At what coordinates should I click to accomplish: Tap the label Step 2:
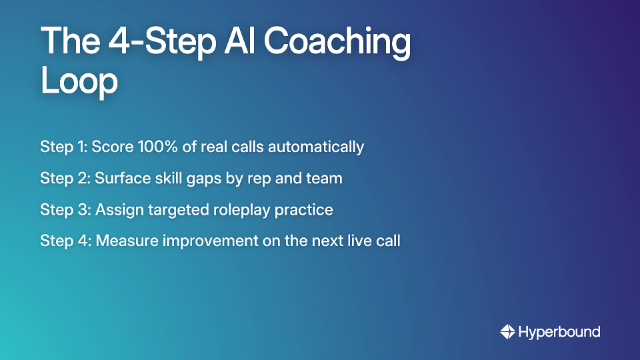coord(65,178)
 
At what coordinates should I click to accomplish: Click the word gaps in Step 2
coord(201,179)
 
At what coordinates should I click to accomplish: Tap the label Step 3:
coord(65,210)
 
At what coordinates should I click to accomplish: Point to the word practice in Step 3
coord(307,210)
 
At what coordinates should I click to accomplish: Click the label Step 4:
coord(65,241)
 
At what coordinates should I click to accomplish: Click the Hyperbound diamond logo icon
coord(507,331)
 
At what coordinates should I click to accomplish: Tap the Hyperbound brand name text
coord(559,332)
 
